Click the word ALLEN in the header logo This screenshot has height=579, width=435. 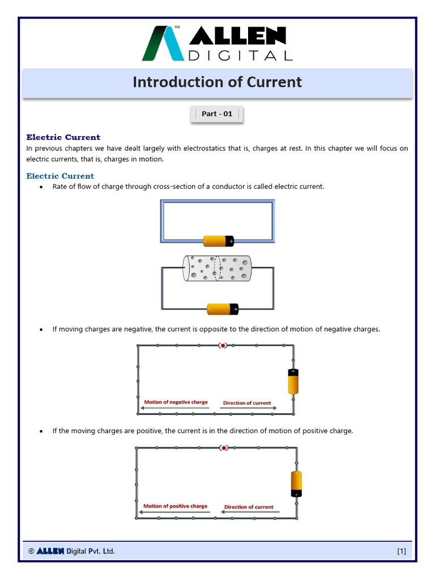pos(237,37)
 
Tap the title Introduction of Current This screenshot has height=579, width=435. pos(217,83)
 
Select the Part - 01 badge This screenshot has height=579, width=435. pos(217,114)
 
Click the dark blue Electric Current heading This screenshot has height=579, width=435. pos(63,137)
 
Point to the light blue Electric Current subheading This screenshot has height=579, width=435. pos(60,176)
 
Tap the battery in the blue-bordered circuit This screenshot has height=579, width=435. pos(218,241)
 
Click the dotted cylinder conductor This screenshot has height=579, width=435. pos(216,269)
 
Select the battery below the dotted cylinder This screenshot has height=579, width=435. pos(223,309)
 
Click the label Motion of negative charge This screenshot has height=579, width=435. pos(176,402)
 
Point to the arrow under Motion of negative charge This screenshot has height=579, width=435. pos(176,408)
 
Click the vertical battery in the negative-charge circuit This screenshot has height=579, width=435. pos(293,381)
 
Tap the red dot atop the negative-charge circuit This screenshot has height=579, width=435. pos(223,345)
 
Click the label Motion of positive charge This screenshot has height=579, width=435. pos(175,506)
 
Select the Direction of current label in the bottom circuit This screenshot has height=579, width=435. pos(249,507)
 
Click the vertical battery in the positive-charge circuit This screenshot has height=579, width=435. pos(296,484)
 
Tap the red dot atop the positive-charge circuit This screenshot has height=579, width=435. pos(224,448)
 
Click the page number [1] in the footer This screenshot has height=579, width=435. pos(401,551)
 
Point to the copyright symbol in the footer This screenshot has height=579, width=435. pos(31,551)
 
